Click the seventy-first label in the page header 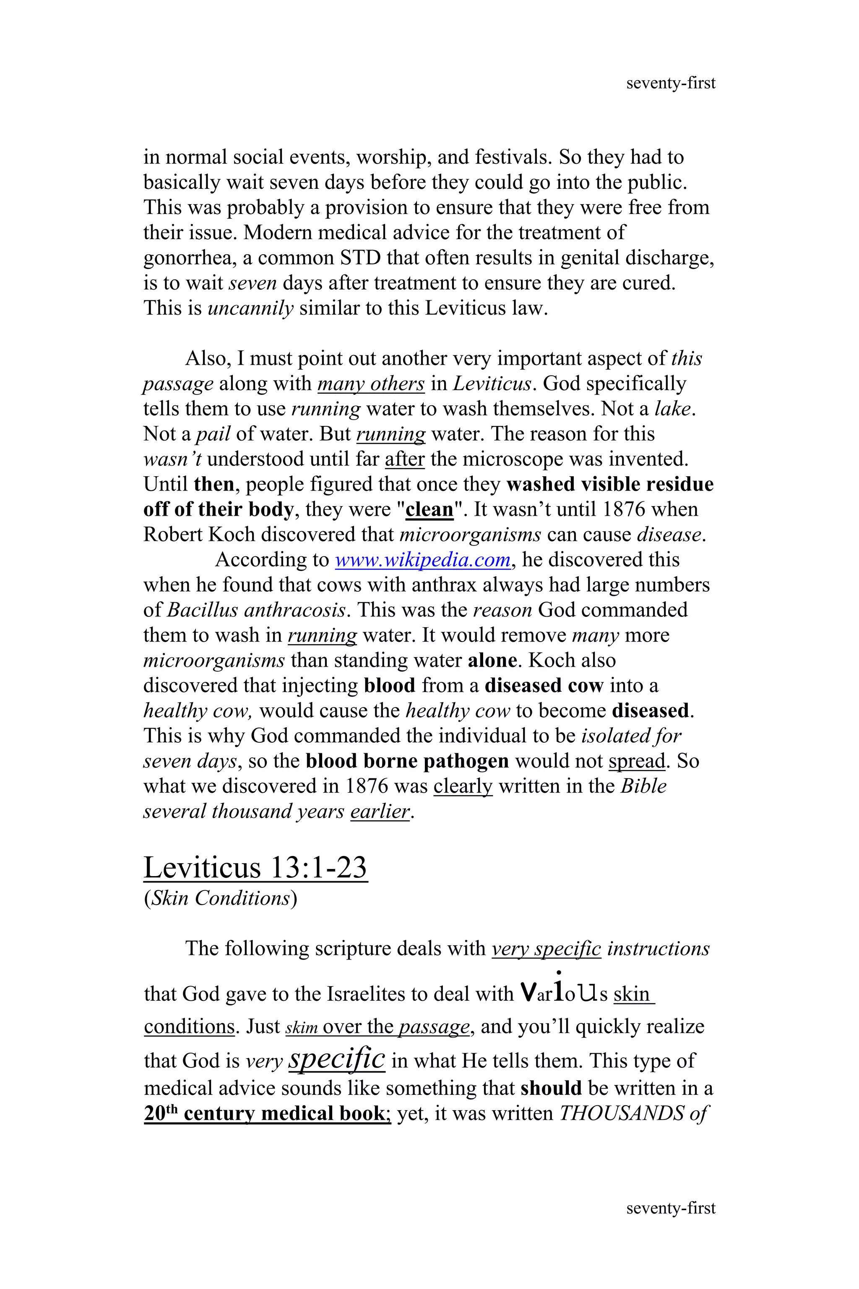[671, 83]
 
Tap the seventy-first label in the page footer [671, 1208]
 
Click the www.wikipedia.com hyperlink [422, 560]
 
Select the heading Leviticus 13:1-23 [255, 868]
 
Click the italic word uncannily [251, 308]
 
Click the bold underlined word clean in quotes [429, 510]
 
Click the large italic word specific [336, 1058]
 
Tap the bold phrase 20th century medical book [266, 1113]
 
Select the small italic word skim [301, 1028]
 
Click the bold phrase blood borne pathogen [407, 761]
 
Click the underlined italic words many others [371, 384]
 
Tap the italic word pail [213, 434]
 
